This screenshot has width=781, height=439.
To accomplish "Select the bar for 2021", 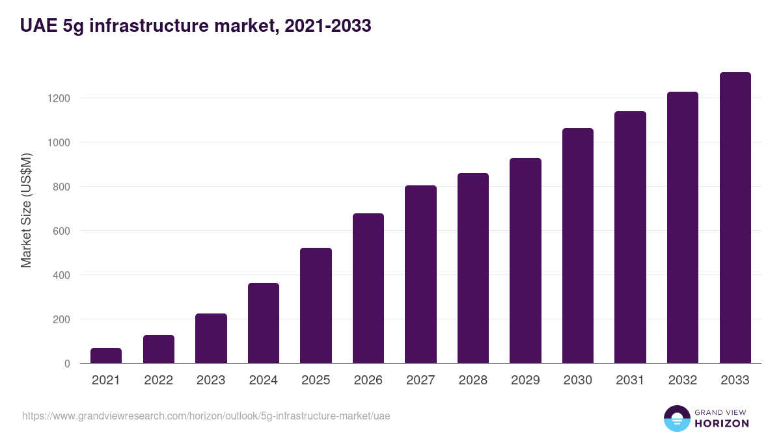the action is [106, 356].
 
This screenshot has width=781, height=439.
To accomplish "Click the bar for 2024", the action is [264, 323].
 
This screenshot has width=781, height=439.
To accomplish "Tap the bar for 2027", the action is [420, 274].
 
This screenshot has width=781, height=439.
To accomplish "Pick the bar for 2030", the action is [578, 246].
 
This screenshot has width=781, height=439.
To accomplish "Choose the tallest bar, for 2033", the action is [735, 218].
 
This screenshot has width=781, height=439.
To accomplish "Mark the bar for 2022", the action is [159, 349].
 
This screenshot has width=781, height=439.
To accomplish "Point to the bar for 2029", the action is [525, 261].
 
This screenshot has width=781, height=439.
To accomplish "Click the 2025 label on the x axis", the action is [316, 380].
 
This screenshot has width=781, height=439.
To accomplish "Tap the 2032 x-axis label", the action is [683, 380].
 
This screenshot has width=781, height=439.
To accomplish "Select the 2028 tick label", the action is [473, 380].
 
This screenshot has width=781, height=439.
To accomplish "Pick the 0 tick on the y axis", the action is [67, 364].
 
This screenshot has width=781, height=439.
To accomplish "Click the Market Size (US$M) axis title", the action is [26, 209].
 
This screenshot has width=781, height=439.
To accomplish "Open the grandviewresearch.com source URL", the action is [206, 416].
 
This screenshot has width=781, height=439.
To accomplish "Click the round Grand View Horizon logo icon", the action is [676, 418].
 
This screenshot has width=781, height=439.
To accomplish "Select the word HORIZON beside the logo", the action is [722, 423].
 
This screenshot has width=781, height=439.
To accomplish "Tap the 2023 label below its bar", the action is [211, 380].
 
